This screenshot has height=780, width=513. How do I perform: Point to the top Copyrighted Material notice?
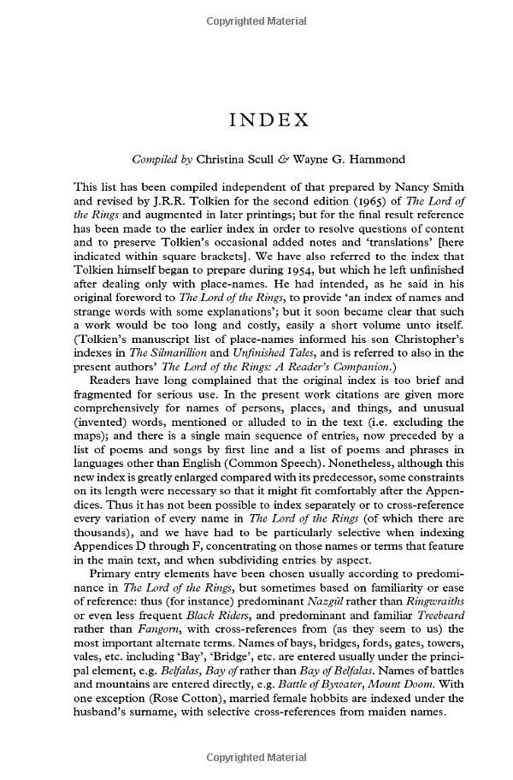pyautogui.click(x=256, y=18)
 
